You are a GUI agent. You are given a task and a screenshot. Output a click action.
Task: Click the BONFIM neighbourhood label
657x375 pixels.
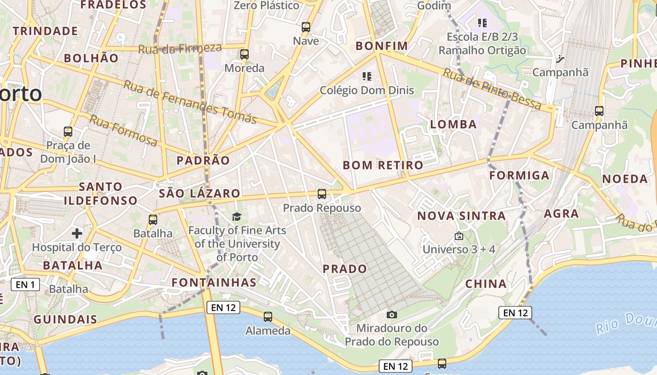[x=382, y=46]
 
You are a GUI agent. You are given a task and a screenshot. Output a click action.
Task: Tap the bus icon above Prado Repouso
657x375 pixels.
[x=321, y=194]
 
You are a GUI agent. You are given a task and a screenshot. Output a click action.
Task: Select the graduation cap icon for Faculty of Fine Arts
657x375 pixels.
[x=237, y=217]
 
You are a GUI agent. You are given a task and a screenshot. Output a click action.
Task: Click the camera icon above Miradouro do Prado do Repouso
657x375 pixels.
[x=391, y=315]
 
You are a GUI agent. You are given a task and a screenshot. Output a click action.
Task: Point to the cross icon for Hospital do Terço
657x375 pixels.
[x=77, y=233]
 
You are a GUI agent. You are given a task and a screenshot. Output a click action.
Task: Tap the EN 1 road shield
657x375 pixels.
[x=25, y=285]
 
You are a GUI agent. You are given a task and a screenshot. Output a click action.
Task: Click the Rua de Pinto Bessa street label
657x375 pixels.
[x=492, y=89]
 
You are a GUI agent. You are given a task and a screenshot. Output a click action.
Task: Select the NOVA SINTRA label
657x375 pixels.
[x=461, y=216]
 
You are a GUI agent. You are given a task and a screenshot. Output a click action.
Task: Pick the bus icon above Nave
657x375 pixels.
[x=306, y=27]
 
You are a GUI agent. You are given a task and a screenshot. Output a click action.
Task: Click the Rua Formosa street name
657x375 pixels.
[x=123, y=130]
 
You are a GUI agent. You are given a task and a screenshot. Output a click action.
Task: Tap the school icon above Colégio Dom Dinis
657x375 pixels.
[x=367, y=76]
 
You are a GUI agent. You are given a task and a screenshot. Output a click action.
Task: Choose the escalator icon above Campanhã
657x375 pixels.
[x=560, y=59]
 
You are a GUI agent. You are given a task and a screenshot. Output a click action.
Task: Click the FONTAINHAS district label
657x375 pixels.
[x=214, y=282]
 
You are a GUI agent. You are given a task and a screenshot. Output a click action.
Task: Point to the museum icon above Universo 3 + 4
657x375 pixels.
[x=458, y=236]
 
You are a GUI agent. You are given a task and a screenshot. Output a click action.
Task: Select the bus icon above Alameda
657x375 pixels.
[x=268, y=317]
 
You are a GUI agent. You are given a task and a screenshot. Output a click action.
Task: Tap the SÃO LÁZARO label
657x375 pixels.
[x=199, y=193]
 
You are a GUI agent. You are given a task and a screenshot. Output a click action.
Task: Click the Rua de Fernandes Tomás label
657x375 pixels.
[x=190, y=102]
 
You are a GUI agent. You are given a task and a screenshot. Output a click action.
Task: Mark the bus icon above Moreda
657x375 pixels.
[x=244, y=54]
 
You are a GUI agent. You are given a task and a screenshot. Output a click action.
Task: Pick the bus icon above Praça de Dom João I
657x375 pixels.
[x=68, y=132]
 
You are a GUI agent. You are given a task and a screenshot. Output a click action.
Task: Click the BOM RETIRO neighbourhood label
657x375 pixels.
[x=383, y=165]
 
